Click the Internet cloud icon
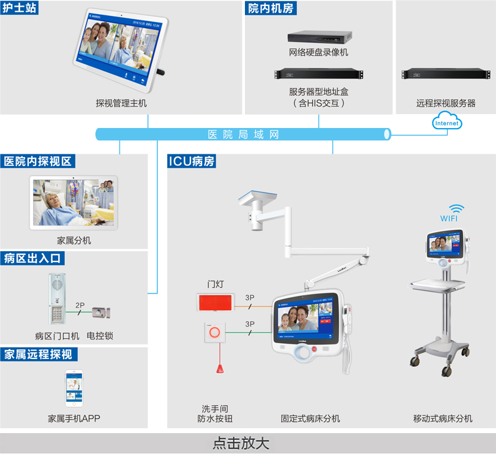pos(446,123)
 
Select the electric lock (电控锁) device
pos(99,312)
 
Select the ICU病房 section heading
pos(191,162)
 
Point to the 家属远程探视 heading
pos(38,354)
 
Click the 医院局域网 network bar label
pos(243,134)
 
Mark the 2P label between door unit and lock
pos(80,305)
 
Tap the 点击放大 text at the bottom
pos(241,444)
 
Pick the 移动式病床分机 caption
pos(443,418)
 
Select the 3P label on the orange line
pos(250,298)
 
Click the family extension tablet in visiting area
pos(73,203)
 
